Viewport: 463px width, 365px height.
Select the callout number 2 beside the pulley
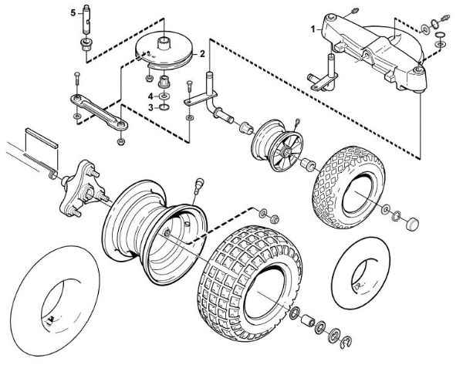click(202, 54)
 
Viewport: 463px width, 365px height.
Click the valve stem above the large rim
click(198, 185)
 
